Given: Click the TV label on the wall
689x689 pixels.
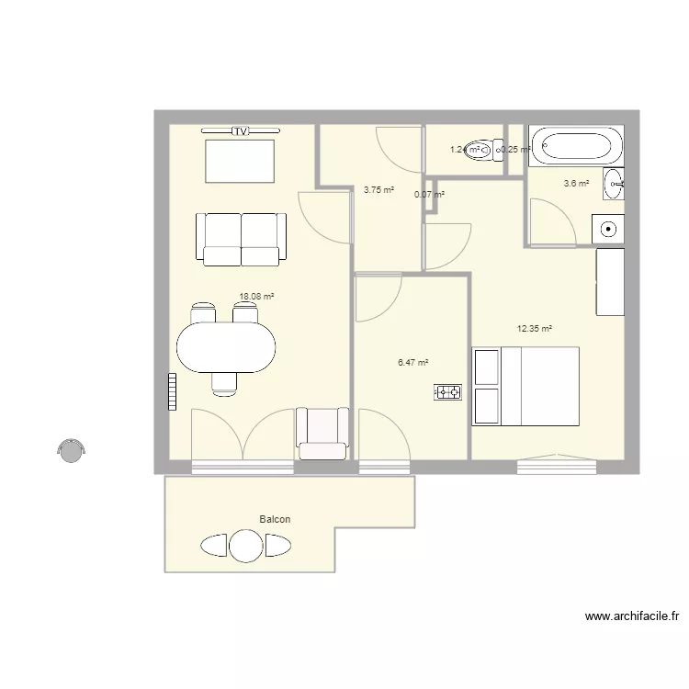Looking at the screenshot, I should click(x=240, y=131).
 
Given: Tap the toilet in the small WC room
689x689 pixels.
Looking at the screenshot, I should click(x=476, y=150).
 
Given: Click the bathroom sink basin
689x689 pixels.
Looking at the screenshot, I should click(x=614, y=184).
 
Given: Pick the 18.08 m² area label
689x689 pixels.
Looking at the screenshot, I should click(x=257, y=297).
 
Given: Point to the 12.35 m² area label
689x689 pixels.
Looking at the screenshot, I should click(x=534, y=328).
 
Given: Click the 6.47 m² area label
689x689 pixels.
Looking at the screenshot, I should click(x=413, y=363).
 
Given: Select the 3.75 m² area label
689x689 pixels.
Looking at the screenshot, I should click(x=378, y=190).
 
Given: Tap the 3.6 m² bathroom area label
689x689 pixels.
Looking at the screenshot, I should click(x=576, y=183).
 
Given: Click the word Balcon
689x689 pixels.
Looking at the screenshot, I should click(x=275, y=520).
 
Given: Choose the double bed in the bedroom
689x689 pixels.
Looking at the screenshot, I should click(x=525, y=386).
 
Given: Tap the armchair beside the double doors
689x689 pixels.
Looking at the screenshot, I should click(x=322, y=433).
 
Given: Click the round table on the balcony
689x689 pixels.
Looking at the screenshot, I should click(x=245, y=546).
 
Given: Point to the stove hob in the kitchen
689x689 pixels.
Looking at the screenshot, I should click(x=447, y=393).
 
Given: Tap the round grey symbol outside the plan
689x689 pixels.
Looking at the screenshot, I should click(x=71, y=448).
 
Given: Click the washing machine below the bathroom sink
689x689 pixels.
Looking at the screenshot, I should click(x=607, y=228).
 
